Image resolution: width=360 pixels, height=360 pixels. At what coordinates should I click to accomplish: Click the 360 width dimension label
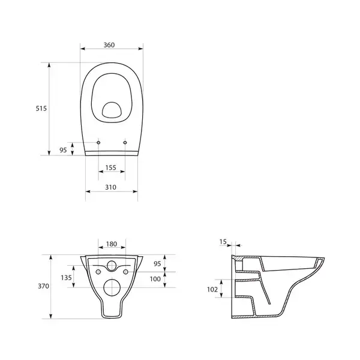point(109,45)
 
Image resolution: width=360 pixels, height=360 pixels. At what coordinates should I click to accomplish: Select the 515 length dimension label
point(41,109)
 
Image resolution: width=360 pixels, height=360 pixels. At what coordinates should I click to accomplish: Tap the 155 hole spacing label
point(110,167)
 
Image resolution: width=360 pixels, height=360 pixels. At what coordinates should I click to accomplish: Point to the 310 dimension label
point(110,187)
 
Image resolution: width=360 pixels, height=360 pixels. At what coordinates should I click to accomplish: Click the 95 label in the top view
point(63,150)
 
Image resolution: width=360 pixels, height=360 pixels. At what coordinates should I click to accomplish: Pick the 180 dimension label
point(112,244)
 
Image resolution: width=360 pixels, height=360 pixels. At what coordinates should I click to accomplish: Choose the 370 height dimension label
point(43,286)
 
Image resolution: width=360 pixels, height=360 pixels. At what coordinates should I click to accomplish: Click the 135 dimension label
point(66,278)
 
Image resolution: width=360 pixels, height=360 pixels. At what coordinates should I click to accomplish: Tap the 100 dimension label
point(155,279)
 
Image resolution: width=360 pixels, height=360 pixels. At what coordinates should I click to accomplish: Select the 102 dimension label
point(212,290)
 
